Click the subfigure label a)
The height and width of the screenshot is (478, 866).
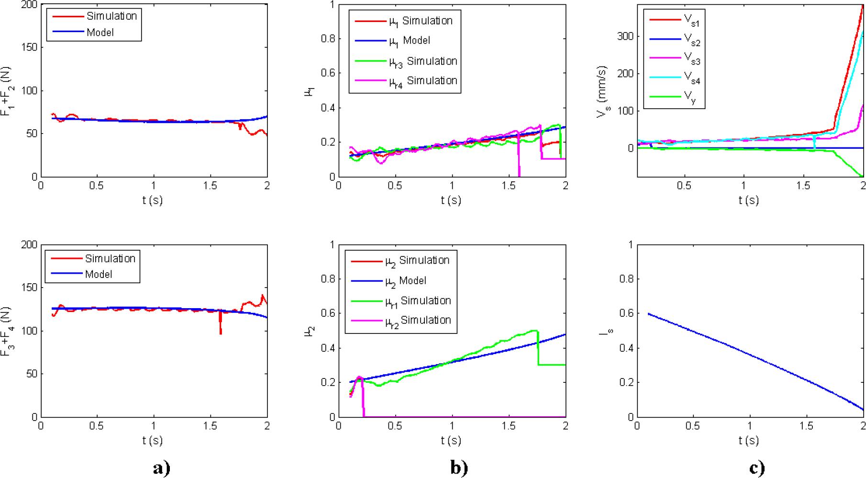point(162,468)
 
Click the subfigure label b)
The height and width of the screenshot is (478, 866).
point(459,468)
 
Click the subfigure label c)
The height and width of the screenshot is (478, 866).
point(756,468)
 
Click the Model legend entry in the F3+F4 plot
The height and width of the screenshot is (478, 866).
point(99,275)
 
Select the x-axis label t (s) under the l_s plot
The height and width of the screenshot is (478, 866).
point(749,440)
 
